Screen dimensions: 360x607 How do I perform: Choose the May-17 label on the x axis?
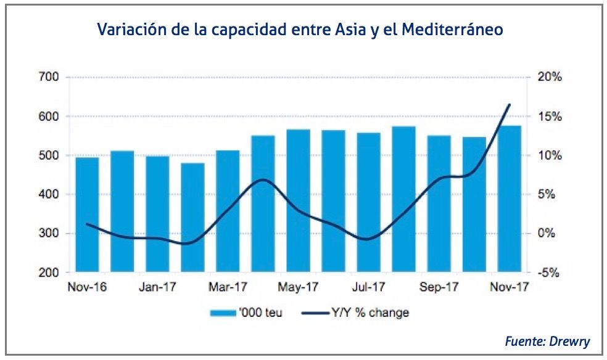pyautogui.click(x=298, y=287)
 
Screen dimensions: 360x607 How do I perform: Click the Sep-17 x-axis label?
pyautogui.click(x=439, y=287)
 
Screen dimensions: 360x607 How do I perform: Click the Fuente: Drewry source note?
pyautogui.click(x=547, y=340)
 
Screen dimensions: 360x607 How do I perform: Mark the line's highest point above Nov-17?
pyautogui.click(x=510, y=104)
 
